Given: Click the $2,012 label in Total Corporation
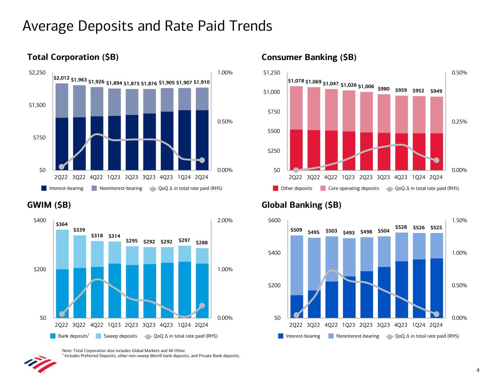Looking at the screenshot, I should click(61, 78).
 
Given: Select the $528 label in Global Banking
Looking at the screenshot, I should click(401, 227).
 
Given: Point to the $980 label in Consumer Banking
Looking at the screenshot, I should click(384, 89).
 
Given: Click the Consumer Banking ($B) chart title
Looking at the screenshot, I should click(309, 58).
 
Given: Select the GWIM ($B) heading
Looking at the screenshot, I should click(49, 205).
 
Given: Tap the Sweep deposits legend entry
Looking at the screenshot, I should click(120, 336).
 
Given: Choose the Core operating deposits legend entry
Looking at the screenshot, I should click(353, 189).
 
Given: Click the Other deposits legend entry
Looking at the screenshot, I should click(296, 189).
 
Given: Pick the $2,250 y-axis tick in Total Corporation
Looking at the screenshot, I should click(37, 73).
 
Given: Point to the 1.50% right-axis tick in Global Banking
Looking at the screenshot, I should click(459, 221).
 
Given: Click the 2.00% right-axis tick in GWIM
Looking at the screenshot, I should click(225, 221).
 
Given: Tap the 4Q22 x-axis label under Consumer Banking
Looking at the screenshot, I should click(331, 178).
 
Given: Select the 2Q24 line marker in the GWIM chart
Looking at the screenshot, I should click(202, 306).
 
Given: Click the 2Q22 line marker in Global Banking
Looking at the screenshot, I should click(297, 315).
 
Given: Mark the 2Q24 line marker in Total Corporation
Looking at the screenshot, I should click(202, 160).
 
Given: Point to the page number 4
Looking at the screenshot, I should click(478, 371).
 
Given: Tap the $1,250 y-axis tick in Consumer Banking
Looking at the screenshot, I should click(272, 73).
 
